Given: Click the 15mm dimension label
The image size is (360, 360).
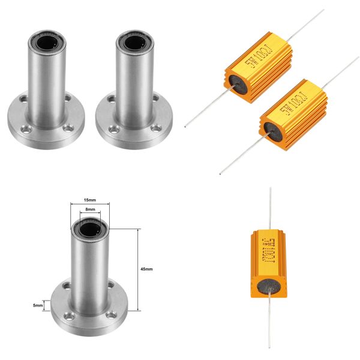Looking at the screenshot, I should [89, 200].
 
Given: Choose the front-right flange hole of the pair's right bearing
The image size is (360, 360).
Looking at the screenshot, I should [157, 127].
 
